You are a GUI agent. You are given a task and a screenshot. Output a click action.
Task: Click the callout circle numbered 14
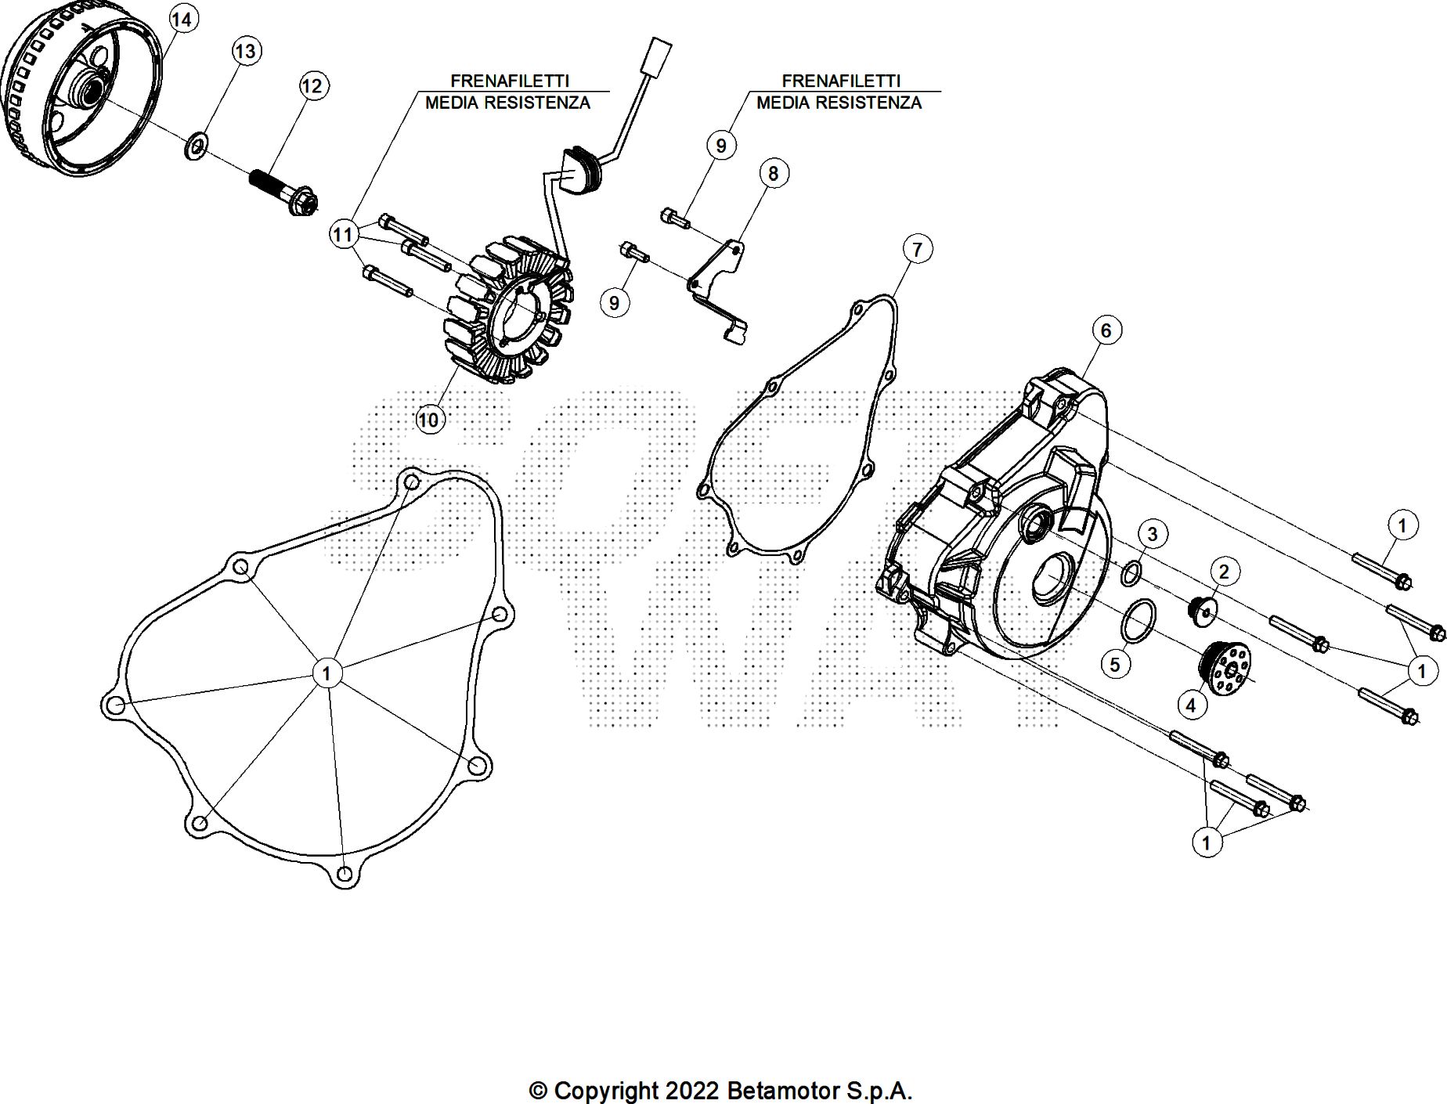point(181,19)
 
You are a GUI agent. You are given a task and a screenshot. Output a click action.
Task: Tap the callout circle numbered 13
point(246,52)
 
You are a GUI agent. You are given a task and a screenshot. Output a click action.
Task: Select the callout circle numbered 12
point(312,86)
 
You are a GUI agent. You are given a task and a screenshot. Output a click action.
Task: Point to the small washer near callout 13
point(196,146)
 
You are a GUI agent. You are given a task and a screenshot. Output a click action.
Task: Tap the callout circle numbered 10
point(428,420)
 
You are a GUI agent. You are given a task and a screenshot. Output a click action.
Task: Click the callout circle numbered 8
point(773,174)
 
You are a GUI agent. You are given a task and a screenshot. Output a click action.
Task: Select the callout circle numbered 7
point(917,250)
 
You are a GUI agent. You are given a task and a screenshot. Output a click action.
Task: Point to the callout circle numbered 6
point(1106,330)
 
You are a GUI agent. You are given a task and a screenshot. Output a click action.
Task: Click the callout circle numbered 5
point(1115,665)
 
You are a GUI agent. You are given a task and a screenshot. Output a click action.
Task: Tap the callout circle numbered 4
point(1191,705)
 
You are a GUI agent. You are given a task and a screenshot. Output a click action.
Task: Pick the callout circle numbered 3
point(1152,535)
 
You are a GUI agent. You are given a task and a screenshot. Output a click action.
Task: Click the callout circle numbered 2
point(1224,572)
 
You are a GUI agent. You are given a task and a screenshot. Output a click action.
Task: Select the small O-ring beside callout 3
point(1131,573)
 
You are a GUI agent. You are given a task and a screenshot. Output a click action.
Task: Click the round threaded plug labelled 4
point(1225,678)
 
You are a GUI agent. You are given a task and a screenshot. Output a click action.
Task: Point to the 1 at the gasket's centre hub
point(327,673)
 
